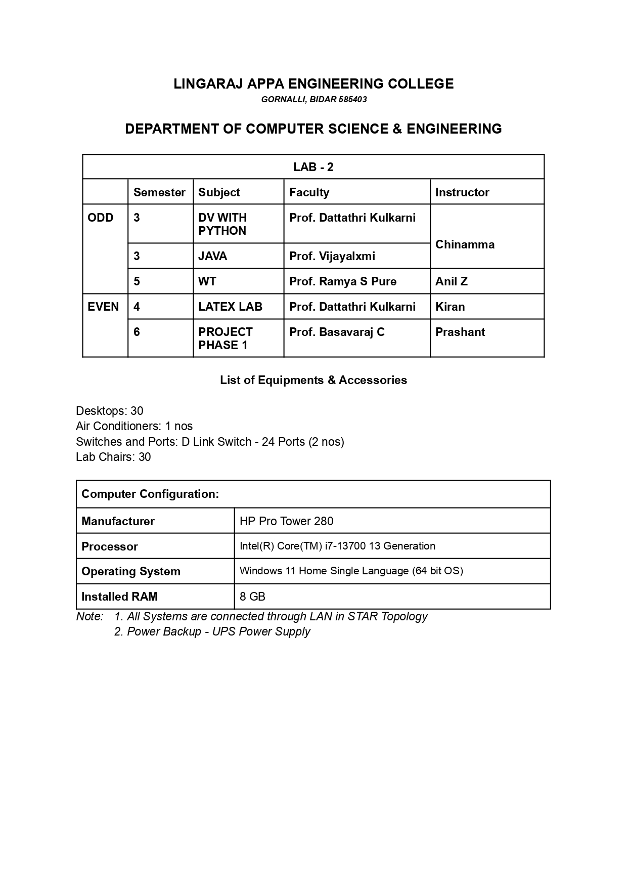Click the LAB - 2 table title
(x=313, y=167)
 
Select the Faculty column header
(x=309, y=192)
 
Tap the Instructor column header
(x=462, y=192)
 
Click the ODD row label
(x=101, y=218)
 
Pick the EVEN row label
(x=103, y=307)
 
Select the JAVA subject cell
(x=213, y=256)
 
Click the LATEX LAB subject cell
(x=230, y=307)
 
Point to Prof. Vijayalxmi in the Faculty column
(x=332, y=256)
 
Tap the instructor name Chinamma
(x=465, y=244)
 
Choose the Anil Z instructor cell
(x=452, y=281)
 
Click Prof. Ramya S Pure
(x=343, y=281)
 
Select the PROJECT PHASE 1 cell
(x=225, y=339)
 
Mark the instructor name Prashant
(x=460, y=332)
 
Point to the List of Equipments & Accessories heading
(x=313, y=380)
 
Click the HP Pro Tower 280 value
(x=287, y=521)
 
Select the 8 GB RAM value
(x=252, y=597)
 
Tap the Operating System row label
(x=131, y=571)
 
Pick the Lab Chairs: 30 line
(x=113, y=457)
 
